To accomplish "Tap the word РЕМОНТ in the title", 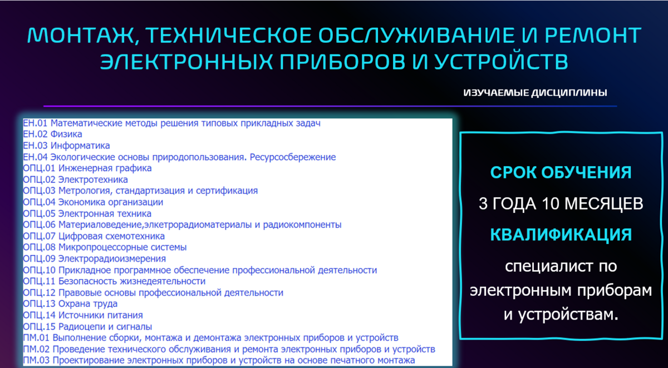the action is (593, 35).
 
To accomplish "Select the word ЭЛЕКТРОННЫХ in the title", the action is (186, 62).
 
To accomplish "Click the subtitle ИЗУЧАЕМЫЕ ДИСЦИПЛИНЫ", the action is (536, 93).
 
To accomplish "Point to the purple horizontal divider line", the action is (330, 106).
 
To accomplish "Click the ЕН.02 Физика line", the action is (52, 135).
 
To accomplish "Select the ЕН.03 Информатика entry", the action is (66, 146).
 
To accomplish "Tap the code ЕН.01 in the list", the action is (35, 123).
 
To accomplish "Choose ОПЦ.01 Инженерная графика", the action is (87, 168).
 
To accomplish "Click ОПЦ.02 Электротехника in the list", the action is (75, 180).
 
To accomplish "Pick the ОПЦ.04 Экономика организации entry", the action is (93, 202).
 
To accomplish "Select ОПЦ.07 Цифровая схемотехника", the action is (94, 236).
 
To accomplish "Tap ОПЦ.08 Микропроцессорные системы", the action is (105, 247).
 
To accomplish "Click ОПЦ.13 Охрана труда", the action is (70, 304).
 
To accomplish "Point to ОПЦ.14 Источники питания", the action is (82, 315).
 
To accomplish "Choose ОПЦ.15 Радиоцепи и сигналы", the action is (87, 327).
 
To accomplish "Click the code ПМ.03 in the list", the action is (36, 360).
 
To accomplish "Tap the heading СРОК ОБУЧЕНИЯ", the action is (561, 172).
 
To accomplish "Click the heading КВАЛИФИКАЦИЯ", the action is (561, 235).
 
